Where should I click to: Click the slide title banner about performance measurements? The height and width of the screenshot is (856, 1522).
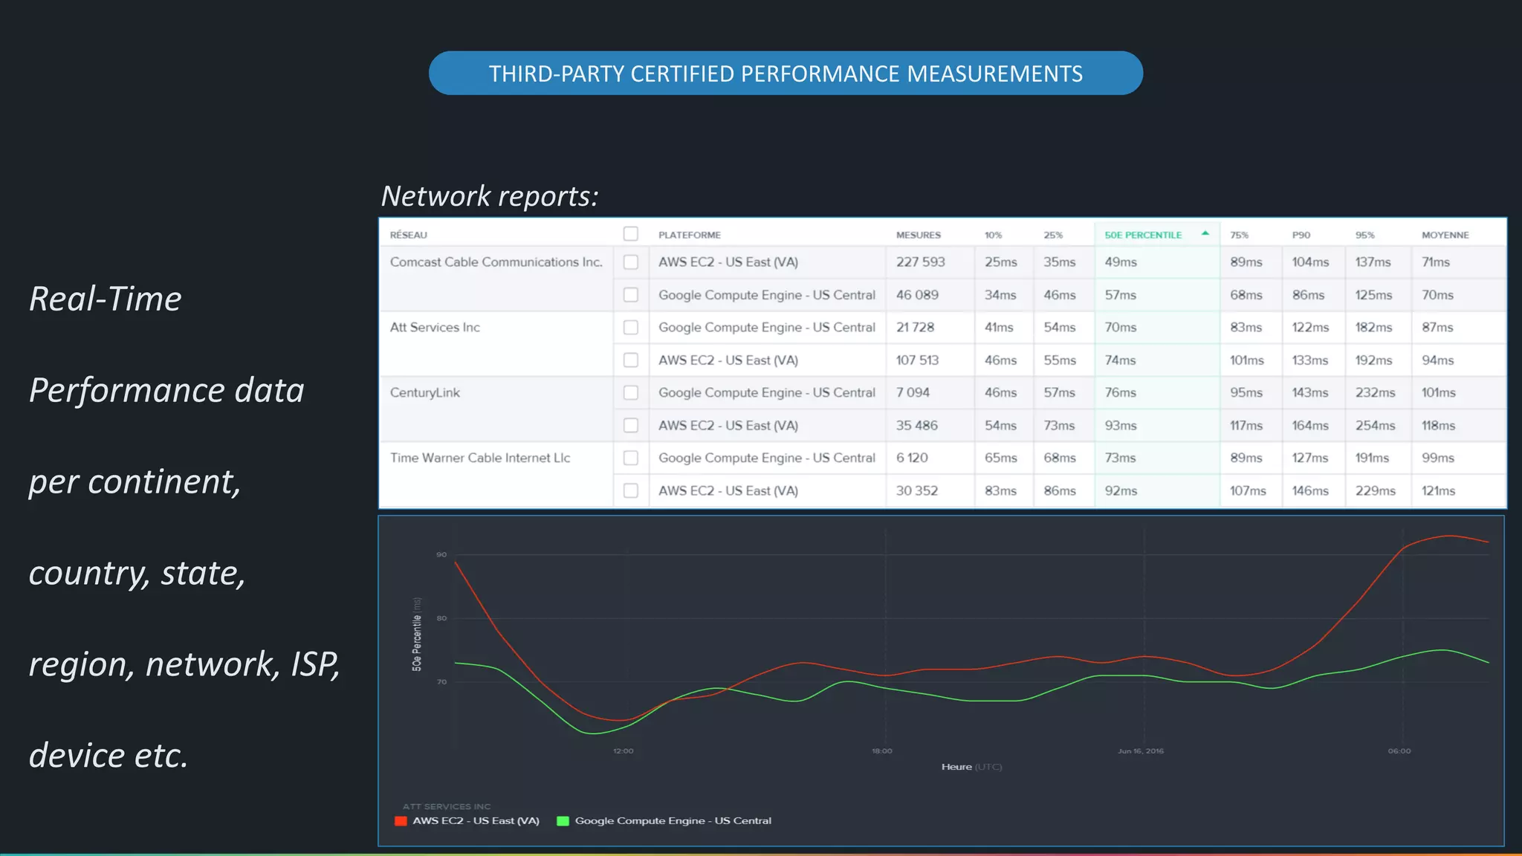pyautogui.click(x=786, y=74)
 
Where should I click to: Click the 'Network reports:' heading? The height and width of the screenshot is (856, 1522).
pyautogui.click(x=490, y=196)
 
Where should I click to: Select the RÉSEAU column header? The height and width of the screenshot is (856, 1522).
pyautogui.click(x=409, y=235)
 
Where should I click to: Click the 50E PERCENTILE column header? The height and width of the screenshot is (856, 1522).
pyautogui.click(x=1143, y=235)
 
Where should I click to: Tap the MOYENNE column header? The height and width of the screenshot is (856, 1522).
pyautogui.click(x=1445, y=235)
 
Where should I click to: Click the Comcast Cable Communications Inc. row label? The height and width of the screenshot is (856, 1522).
pyautogui.click(x=496, y=262)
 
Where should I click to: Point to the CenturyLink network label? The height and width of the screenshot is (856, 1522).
pyautogui.click(x=425, y=392)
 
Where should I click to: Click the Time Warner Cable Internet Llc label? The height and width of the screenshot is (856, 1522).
pyautogui.click(x=480, y=458)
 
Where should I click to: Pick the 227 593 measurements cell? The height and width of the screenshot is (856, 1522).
pyautogui.click(x=920, y=262)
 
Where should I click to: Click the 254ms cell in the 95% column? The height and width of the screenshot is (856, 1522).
pyautogui.click(x=1375, y=426)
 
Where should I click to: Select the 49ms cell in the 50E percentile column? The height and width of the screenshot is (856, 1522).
pyautogui.click(x=1121, y=262)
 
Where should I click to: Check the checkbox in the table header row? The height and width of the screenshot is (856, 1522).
pyautogui.click(x=631, y=234)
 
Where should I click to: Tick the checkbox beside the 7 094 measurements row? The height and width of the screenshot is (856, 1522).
pyautogui.click(x=631, y=392)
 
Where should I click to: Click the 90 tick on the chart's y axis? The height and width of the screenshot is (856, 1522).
pyautogui.click(x=441, y=555)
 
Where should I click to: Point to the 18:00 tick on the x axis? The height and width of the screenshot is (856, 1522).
pyautogui.click(x=882, y=751)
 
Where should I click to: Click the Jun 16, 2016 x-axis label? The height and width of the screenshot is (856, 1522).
pyautogui.click(x=1141, y=751)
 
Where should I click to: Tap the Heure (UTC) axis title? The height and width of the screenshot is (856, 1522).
pyautogui.click(x=971, y=767)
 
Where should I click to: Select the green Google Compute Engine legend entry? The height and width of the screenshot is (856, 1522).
pyautogui.click(x=664, y=821)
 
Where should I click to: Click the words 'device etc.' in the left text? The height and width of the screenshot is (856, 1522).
pyautogui.click(x=109, y=755)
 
